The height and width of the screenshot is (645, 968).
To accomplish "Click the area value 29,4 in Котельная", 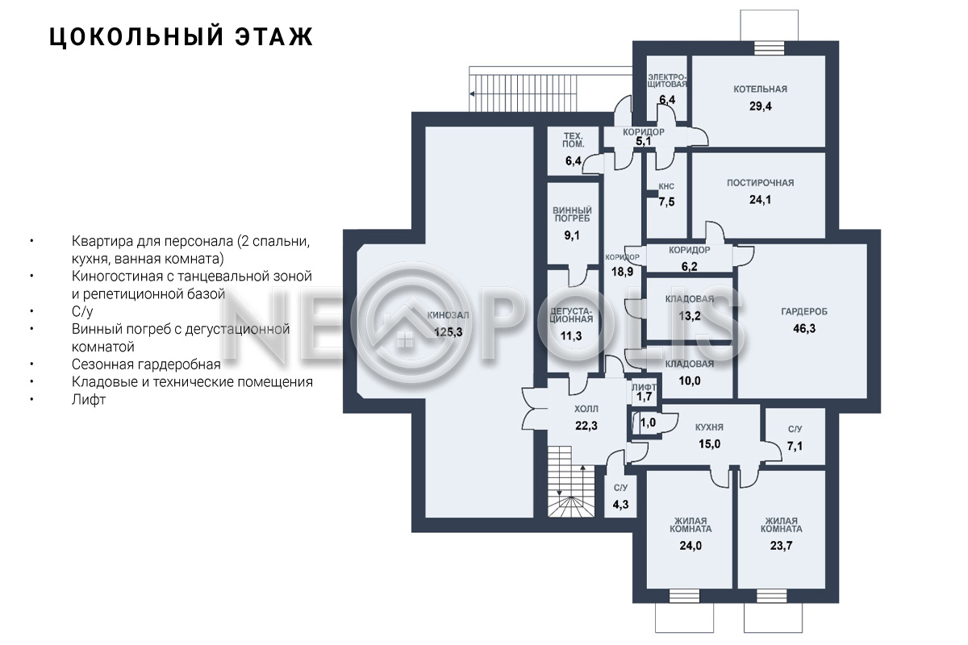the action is point(760,106).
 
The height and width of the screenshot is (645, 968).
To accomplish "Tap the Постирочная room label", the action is point(760,183).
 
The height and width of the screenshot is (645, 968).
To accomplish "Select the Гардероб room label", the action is point(803,311).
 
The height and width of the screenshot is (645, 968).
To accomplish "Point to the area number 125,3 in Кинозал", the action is point(449,332).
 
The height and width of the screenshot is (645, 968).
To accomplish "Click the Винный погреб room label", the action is point(572,214).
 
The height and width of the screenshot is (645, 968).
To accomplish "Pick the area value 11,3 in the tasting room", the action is point(571,335).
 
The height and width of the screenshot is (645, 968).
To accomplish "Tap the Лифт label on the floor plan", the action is point(644,387).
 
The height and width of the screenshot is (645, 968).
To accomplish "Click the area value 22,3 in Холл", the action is point(586,426).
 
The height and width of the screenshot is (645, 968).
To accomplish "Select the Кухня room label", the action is point(709,427).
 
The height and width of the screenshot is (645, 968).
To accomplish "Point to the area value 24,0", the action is point(691,546).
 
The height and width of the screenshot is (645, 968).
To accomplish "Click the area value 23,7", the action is point(781,546).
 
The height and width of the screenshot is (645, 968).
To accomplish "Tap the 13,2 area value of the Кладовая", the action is point(689,316).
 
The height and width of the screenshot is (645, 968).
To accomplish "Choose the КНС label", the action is point(666,186).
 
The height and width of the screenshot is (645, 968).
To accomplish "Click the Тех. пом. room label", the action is point(573,140).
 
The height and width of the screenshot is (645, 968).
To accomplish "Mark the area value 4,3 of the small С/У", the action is point(620,504).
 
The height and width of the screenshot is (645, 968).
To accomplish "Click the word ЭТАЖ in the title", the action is point(274,37).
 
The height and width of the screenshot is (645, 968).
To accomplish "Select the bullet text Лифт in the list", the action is point(89,400).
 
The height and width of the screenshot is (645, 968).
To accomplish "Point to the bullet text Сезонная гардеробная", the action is point(146,364).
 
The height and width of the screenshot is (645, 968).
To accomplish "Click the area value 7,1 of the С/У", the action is point(795,446).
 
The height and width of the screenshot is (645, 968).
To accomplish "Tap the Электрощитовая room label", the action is point(667,81).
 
